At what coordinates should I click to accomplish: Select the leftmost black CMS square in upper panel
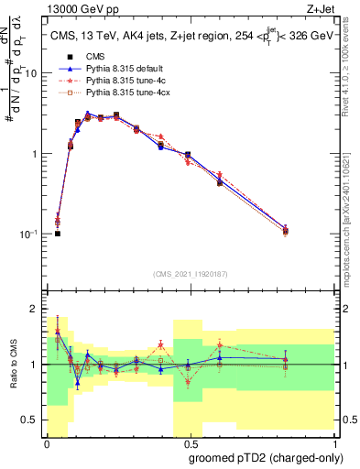57,234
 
